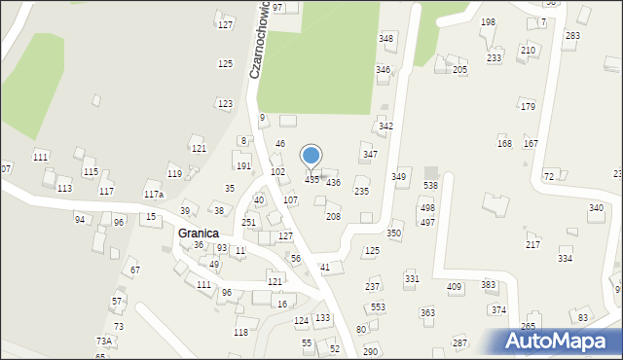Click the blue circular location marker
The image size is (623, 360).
(x=311, y=156)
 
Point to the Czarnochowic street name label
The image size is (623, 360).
(x=259, y=40)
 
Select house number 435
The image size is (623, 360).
(x=311, y=180)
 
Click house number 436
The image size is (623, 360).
(x=333, y=182)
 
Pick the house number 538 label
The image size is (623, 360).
(x=430, y=185)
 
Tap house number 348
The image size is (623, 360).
(x=385, y=38)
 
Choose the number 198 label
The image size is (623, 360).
(x=488, y=21)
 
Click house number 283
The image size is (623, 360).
(x=572, y=35)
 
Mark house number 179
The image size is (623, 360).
(x=528, y=106)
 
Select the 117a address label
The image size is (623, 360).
(x=154, y=194)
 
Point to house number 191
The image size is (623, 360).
(x=243, y=166)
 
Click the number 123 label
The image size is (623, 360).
(x=225, y=103)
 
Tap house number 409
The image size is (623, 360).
(x=454, y=286)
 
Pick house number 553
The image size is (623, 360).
(x=378, y=306)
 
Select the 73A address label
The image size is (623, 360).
(x=104, y=341)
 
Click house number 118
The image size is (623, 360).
(x=240, y=332)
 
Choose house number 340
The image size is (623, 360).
(x=596, y=208)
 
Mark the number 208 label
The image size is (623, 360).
(x=333, y=216)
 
